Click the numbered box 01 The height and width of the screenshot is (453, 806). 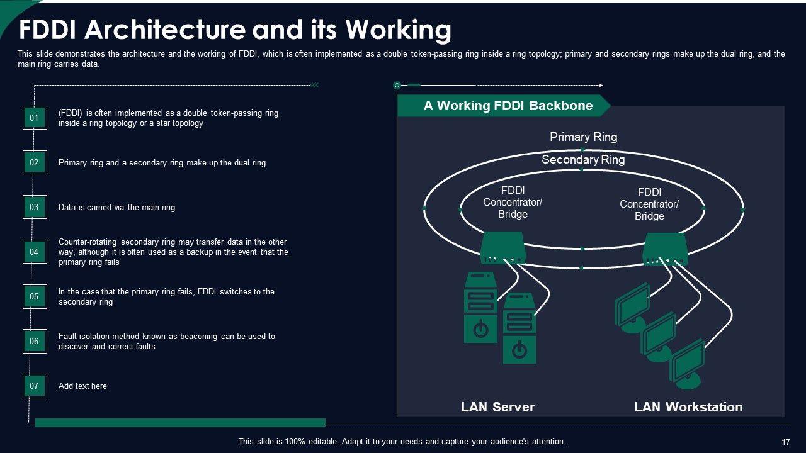35,118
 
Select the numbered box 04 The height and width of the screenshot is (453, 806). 35,252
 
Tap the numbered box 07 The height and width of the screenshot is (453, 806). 35,386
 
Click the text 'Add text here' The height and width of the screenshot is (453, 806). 82,386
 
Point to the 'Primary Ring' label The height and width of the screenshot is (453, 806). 583,137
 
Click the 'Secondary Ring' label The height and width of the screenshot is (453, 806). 583,159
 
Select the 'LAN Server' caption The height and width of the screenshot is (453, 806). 497,406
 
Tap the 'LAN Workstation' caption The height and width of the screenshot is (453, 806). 688,406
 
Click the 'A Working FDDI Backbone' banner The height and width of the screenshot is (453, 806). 508,106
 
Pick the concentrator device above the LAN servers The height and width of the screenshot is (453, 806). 502,248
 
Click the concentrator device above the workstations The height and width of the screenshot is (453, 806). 665,249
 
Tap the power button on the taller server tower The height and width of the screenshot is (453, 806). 480,329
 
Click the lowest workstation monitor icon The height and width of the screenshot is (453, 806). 687,361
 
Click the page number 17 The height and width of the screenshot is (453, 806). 785,442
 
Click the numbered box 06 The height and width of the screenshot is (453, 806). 35,341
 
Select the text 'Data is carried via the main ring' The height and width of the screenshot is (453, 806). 116,207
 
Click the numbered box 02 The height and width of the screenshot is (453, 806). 35,162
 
